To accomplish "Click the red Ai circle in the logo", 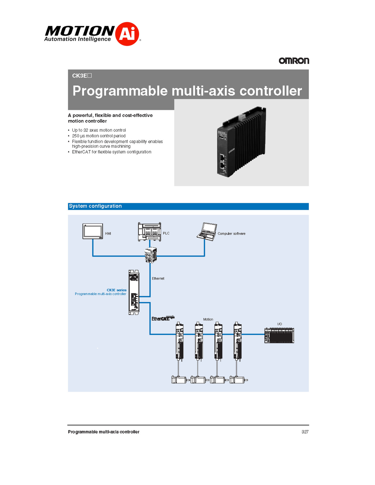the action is pos(127,34).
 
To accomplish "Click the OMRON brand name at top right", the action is pos(294,61).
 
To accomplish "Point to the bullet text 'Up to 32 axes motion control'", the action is pos(99,130).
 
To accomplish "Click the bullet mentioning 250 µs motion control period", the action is pos(99,136).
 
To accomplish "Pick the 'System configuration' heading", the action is pos(95,206).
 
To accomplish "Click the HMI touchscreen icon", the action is pos(93,231).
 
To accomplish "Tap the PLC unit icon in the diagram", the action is pos(149,232).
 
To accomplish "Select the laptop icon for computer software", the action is pos(207,231).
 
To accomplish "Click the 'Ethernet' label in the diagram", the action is pos(158,278).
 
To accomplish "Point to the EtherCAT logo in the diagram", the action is pos(163,318).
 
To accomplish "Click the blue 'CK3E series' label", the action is pos(117,290).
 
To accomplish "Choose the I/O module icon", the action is pos(279,335).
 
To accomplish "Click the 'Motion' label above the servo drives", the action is pos(208,319).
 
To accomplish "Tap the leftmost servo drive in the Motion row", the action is pos(179,342).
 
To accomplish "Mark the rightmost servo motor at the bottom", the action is pos(238,379).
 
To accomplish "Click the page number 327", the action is pos(305,432).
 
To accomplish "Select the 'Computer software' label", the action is pos(232,234).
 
